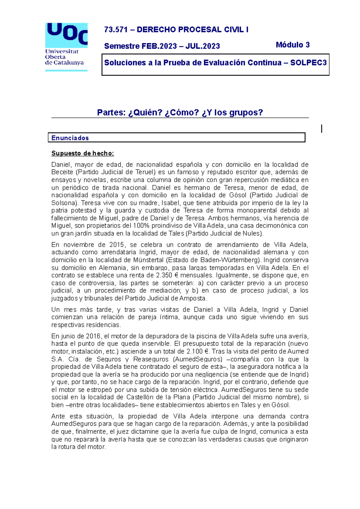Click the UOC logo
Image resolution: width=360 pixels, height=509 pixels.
pyautogui.click(x=66, y=46)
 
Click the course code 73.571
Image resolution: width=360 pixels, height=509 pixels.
pyautogui.click(x=116, y=30)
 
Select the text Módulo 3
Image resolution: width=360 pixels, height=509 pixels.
pyautogui.click(x=292, y=45)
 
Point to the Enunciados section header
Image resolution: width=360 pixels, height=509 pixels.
pyautogui.click(x=70, y=138)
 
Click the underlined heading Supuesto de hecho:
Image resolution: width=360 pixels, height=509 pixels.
pyautogui.click(x=82, y=153)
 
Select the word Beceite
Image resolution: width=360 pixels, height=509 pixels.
pyautogui.click(x=62, y=172)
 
